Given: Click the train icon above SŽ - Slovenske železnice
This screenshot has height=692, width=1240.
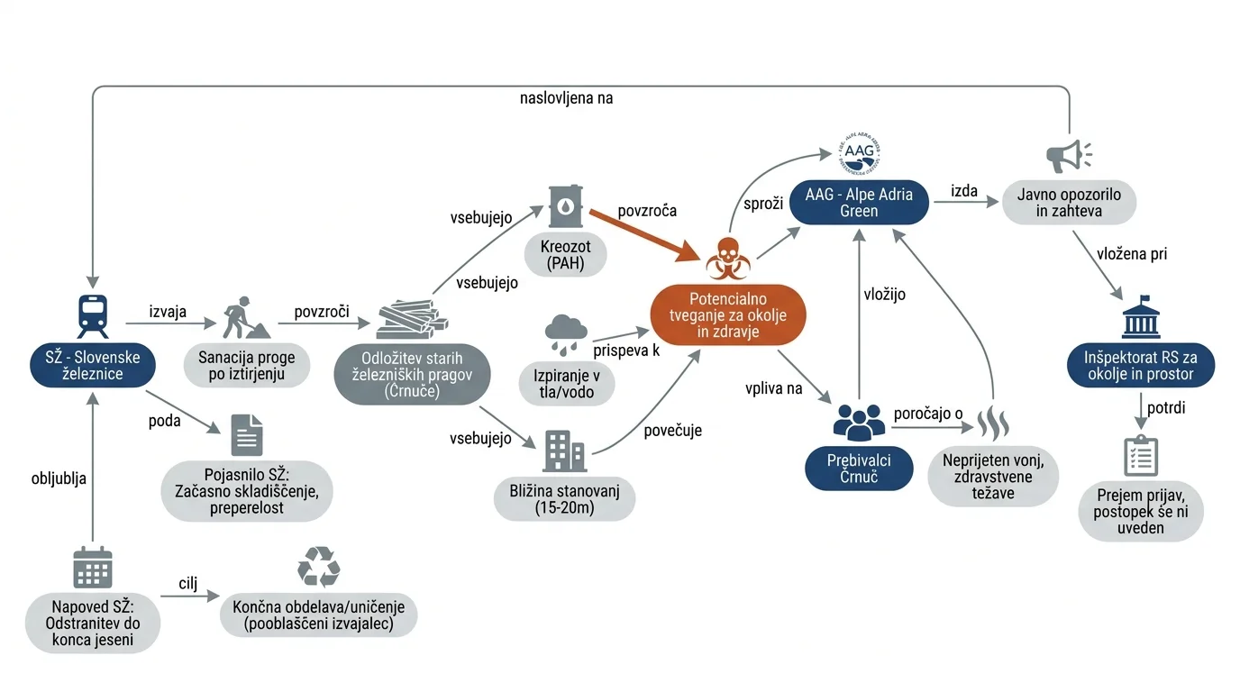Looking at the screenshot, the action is [93, 316].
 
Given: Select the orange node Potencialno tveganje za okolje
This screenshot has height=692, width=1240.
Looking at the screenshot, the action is [728, 315].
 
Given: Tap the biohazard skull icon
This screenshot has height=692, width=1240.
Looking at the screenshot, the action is [728, 259].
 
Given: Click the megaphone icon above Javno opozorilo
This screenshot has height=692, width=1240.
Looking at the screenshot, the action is [1069, 156].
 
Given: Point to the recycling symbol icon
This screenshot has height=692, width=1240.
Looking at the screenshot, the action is [318, 567].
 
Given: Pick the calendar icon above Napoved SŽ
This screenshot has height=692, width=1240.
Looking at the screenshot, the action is [93, 568].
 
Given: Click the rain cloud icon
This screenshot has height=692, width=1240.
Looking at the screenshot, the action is [566, 334].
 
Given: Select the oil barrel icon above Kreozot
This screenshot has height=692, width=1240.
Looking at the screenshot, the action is [565, 206].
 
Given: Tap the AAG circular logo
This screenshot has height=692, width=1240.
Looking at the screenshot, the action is [859, 154].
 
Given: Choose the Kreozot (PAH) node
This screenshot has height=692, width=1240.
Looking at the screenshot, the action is [565, 255].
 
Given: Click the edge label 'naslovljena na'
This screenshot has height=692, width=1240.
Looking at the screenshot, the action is [566, 98].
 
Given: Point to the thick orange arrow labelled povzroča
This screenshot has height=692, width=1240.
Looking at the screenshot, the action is [645, 235].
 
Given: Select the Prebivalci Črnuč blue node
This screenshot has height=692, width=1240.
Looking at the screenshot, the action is [859, 469].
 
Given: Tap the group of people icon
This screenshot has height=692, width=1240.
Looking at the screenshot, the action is [859, 423].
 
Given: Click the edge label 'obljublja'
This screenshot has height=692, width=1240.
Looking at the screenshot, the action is [59, 478].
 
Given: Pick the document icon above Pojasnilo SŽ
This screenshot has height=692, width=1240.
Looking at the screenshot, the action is [247, 435].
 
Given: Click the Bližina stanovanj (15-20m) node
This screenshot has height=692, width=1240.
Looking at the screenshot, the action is [565, 499].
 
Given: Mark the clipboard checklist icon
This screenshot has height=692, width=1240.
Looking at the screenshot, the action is [1140, 456].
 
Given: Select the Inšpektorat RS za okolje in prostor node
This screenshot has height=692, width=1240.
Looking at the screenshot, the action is [1140, 366].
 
